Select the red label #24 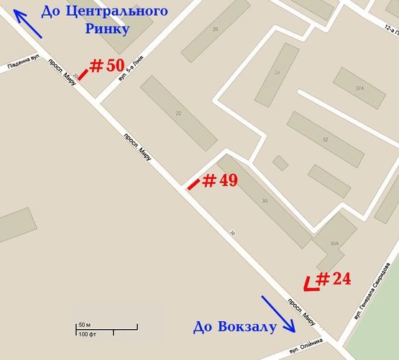(334, 278)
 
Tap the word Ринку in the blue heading (108, 29)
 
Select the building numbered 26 (215, 30)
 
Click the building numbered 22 (178, 113)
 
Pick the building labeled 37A (359, 88)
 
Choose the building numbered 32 (325, 139)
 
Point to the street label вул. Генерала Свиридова (369, 298)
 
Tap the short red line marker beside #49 (193, 184)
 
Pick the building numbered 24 (277, 73)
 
